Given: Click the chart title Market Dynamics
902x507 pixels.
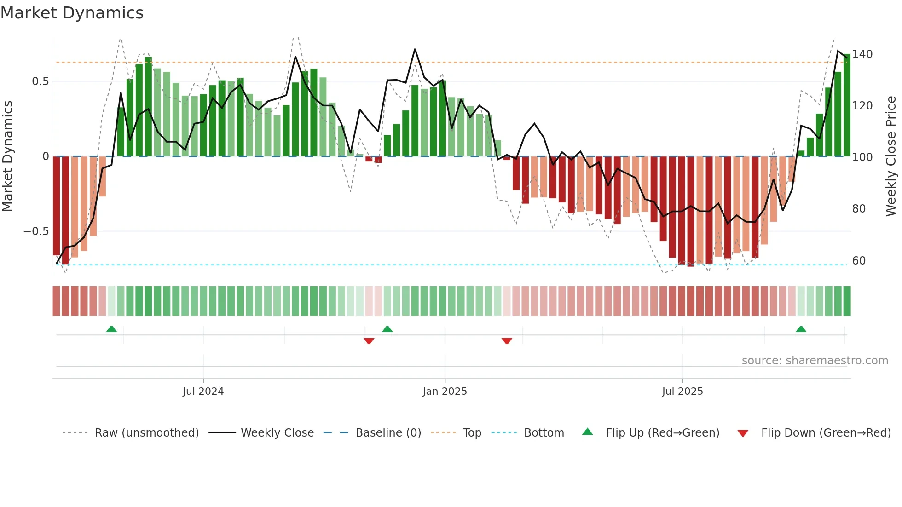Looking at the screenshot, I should (72, 13).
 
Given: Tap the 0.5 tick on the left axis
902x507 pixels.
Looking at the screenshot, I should (40, 81).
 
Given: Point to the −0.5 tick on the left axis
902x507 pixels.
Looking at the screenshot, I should (36, 231).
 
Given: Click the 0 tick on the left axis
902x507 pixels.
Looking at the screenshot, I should (46, 156).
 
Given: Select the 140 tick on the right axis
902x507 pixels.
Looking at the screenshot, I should (862, 54).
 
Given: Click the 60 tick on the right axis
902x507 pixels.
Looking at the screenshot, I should (859, 261).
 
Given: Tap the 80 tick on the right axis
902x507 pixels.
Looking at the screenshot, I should (859, 209).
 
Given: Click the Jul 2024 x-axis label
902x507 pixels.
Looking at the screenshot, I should (203, 392).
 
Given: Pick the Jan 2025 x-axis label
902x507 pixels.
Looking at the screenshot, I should (445, 392).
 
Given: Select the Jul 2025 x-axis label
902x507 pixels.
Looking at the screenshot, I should (682, 392).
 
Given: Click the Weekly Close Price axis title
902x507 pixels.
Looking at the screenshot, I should (891, 156).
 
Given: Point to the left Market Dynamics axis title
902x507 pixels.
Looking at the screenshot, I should (7, 156).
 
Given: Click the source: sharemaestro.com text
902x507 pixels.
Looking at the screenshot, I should (815, 361).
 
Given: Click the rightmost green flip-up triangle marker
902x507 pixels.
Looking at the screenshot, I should (801, 329).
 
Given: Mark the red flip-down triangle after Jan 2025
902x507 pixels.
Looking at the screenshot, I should (507, 341).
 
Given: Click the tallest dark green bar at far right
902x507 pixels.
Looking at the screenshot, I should (847, 106).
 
